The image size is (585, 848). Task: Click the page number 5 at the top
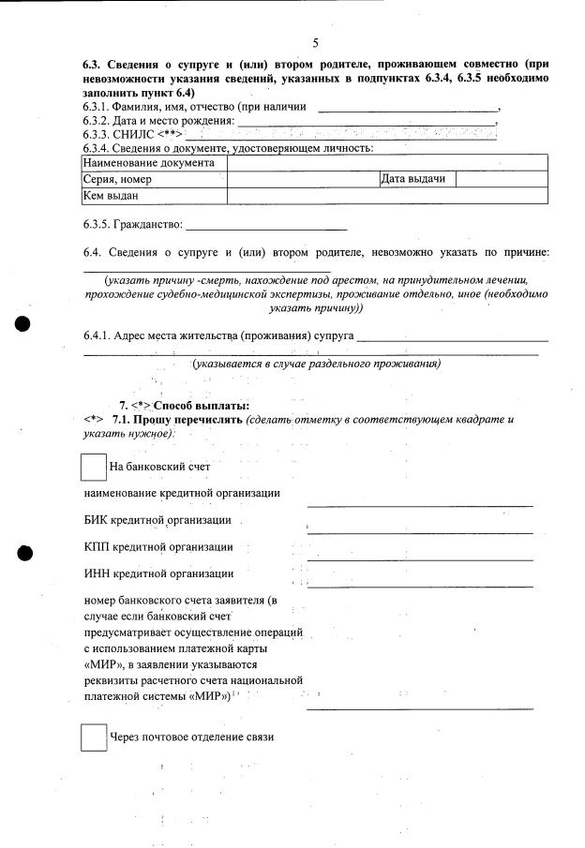[316, 43]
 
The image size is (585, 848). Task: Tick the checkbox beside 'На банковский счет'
[95, 468]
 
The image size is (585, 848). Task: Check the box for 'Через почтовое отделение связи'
[95, 737]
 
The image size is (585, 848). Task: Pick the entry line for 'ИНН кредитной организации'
[420, 585]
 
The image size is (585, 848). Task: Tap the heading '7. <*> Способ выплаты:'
[184, 405]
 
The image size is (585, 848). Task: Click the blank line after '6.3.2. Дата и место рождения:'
[366, 122]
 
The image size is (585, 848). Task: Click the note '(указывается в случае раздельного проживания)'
[317, 364]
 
